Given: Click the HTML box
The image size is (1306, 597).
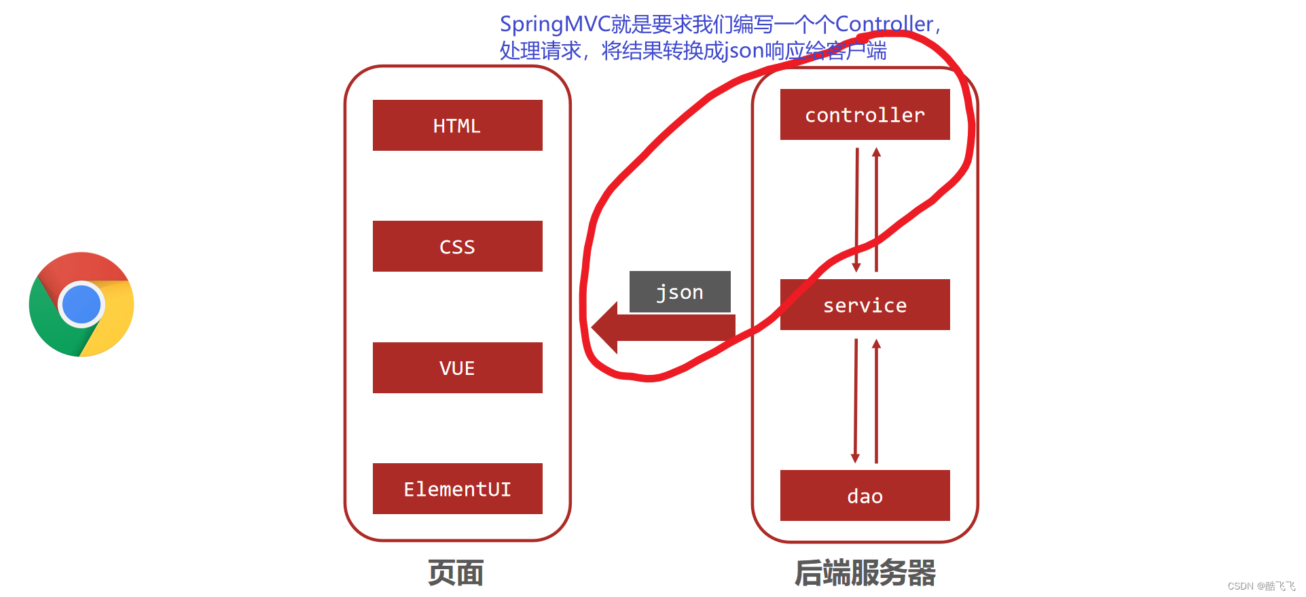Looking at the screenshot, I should pyautogui.click(x=457, y=126).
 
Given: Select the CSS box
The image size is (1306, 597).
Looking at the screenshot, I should pyautogui.click(x=457, y=247).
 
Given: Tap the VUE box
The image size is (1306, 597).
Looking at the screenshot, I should pyautogui.click(x=457, y=367).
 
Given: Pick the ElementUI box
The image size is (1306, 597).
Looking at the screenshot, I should pyautogui.click(x=457, y=488).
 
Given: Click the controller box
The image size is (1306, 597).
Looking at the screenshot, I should pyautogui.click(x=865, y=115).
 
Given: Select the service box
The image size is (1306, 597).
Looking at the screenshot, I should pyautogui.click(x=865, y=305).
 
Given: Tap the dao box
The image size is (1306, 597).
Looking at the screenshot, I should pyautogui.click(x=865, y=496).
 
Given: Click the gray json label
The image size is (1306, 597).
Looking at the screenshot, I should pyautogui.click(x=680, y=292).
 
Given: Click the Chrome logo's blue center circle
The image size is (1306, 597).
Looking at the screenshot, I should pyautogui.click(x=81, y=304).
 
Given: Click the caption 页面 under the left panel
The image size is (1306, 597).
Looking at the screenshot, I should pyautogui.click(x=456, y=573).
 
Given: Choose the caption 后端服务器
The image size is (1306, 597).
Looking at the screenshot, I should pyautogui.click(x=865, y=573).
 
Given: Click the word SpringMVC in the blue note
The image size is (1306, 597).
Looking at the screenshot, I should pyautogui.click(x=554, y=24).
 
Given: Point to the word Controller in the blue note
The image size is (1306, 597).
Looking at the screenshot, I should pyautogui.click(x=884, y=24).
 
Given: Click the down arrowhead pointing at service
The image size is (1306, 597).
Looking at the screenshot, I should pyautogui.click(x=856, y=267).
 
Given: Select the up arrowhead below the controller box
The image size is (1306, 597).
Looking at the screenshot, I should pyautogui.click(x=876, y=152).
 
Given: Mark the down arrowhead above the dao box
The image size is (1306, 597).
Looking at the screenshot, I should pyautogui.click(x=855, y=458).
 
